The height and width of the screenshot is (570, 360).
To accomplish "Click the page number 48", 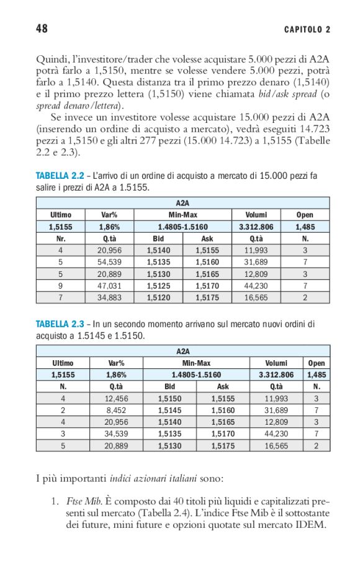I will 42,29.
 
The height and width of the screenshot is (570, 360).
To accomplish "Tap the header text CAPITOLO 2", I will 307,29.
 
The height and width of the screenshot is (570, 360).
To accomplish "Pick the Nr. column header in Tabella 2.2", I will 61,238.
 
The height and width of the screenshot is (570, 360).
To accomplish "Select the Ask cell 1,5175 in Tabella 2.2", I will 207,297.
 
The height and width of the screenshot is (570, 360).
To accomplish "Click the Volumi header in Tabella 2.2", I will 255,215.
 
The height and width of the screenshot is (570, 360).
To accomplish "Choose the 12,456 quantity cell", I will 116,399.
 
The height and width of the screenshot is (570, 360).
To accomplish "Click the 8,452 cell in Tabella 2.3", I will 116,410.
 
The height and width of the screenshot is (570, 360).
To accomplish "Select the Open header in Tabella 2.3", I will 317,363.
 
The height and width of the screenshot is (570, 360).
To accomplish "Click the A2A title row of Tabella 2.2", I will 182,203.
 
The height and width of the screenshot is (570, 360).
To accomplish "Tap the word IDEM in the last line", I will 313,525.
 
